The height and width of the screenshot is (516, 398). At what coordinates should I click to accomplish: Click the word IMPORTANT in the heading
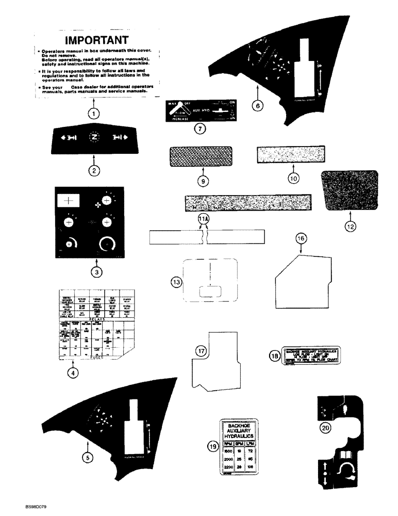(97, 40)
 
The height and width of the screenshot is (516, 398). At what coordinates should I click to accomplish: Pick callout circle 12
(349, 225)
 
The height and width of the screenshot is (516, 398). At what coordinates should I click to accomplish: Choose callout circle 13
(177, 282)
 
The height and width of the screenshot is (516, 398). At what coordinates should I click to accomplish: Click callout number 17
(201, 351)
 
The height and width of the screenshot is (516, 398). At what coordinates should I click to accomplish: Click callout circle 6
(258, 105)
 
